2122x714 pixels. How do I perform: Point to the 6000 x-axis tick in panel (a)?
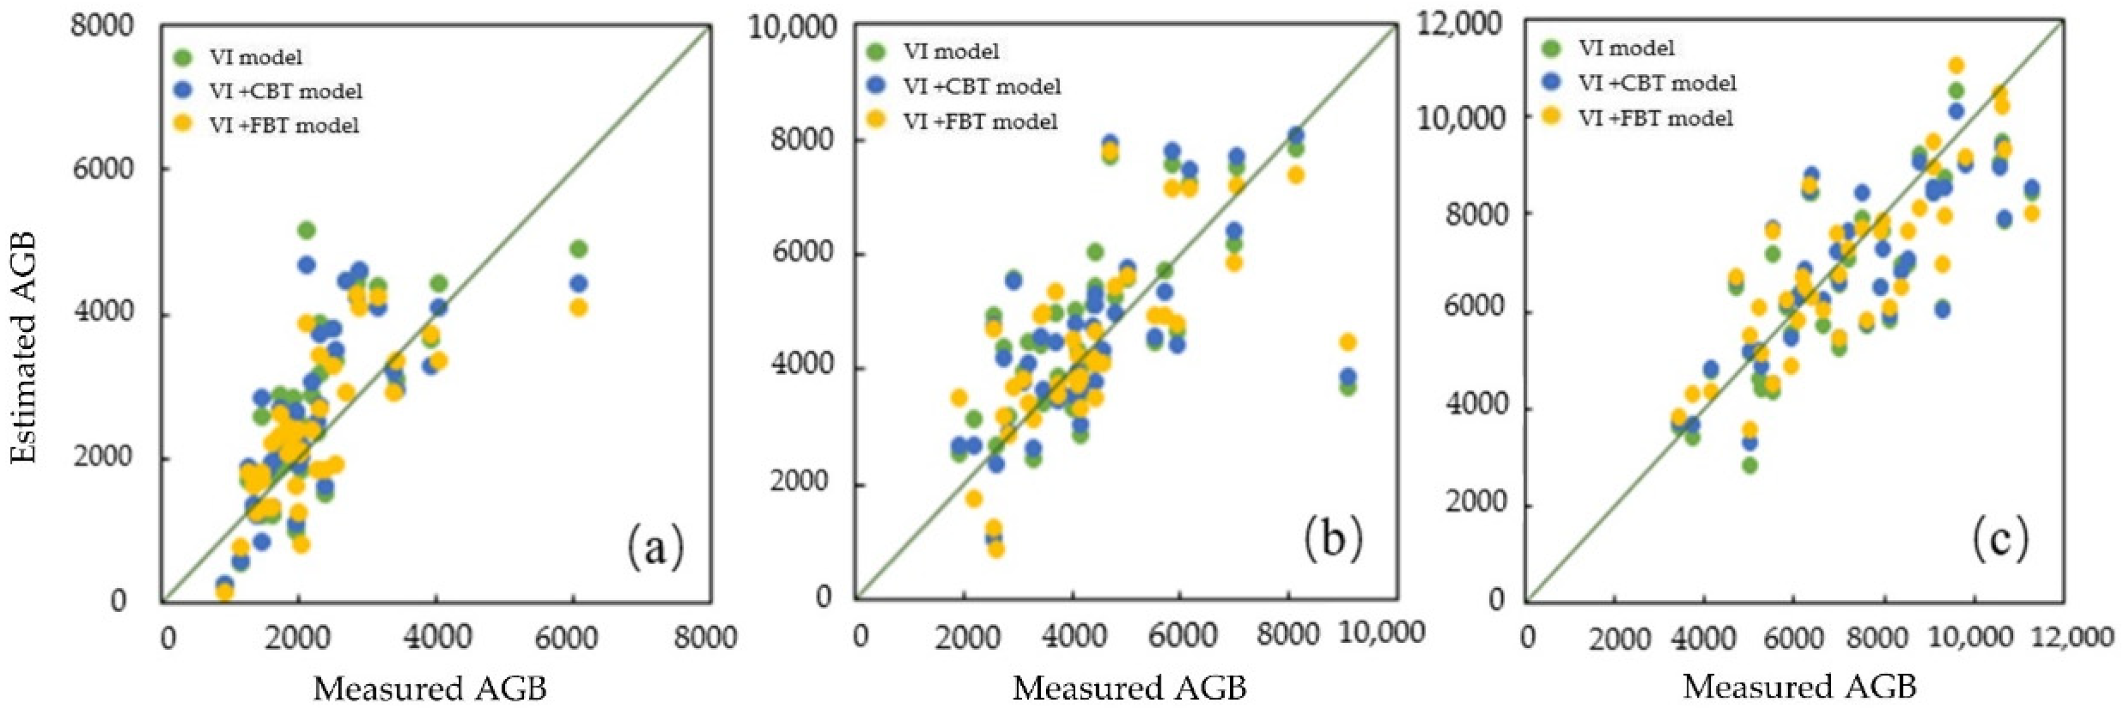pyautogui.click(x=568, y=637)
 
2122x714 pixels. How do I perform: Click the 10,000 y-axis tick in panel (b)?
pyautogui.click(x=791, y=27)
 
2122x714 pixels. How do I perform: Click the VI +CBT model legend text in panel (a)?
pyautogui.click(x=284, y=91)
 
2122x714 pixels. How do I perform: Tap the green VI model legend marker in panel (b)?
pyautogui.click(x=876, y=51)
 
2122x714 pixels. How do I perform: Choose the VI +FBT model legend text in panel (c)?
pyautogui.click(x=1655, y=118)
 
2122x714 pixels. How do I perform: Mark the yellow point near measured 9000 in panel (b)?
pyautogui.click(x=1348, y=341)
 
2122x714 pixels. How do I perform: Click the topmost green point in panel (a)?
pyautogui.click(x=307, y=230)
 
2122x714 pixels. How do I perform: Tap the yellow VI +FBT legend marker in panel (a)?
pyautogui.click(x=184, y=124)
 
